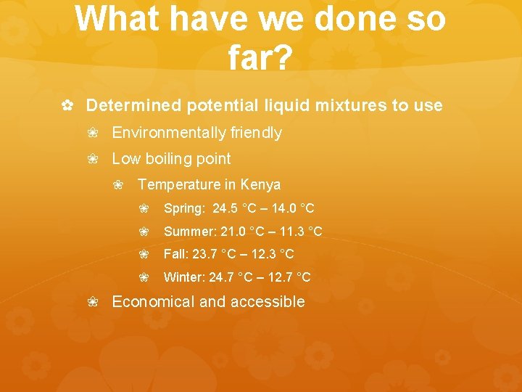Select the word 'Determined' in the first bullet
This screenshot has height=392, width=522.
click(x=134, y=106)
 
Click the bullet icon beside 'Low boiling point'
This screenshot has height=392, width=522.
click(x=93, y=159)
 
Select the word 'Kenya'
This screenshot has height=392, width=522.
click(x=260, y=184)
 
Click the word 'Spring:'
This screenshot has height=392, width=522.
click(x=185, y=209)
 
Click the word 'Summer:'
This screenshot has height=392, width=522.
click(x=190, y=232)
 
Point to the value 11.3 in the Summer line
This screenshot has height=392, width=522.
click(x=295, y=232)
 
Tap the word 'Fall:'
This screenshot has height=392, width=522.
click(x=176, y=255)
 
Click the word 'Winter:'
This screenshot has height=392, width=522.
click(x=185, y=277)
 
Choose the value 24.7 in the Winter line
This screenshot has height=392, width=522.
click(x=221, y=277)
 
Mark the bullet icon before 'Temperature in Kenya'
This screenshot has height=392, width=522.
click(x=119, y=185)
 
